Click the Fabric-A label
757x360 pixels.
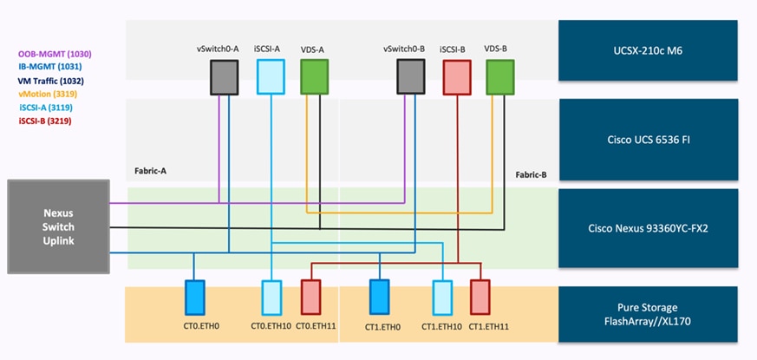coord(150,172)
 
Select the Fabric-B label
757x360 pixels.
coord(531,174)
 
